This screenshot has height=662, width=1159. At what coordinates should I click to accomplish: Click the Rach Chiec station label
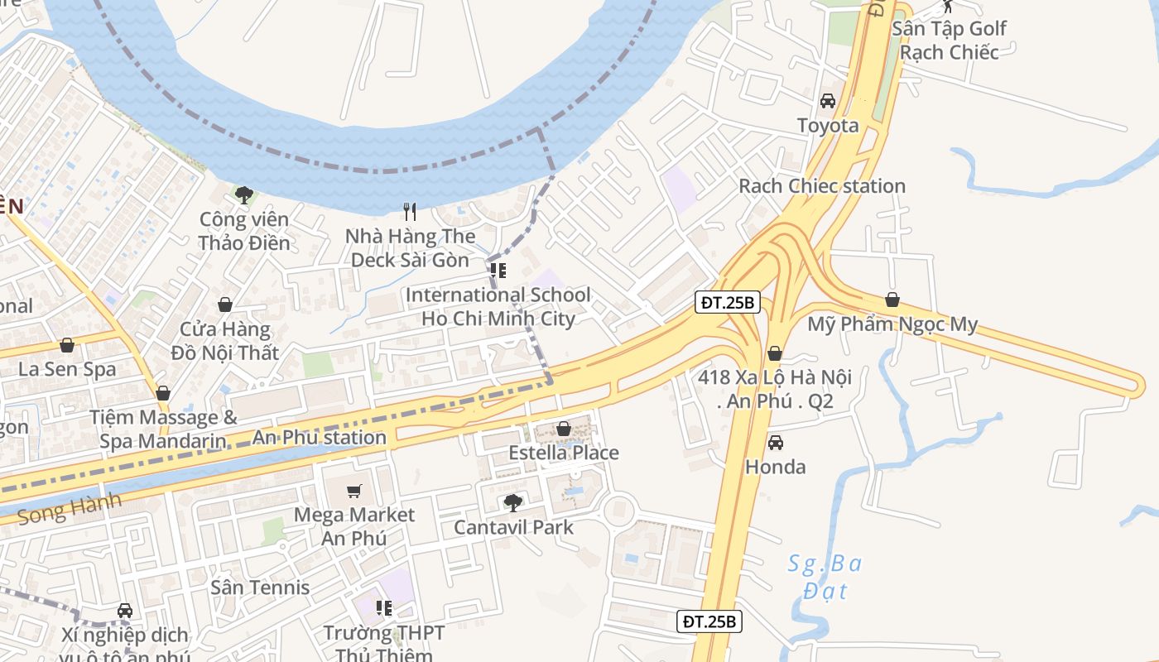coord(822,186)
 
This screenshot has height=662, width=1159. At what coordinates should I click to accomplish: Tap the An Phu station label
coord(320,437)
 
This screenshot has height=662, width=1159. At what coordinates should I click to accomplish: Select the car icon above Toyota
coord(827,102)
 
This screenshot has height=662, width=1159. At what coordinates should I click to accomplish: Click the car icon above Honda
coord(776,443)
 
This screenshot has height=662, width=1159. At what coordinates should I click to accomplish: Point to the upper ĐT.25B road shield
coord(727,303)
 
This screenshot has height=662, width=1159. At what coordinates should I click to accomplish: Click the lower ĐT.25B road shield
coord(709,621)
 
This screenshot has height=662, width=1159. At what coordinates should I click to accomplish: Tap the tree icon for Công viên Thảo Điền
coord(243,195)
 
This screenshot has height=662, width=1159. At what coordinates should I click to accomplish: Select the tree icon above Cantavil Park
coord(513,502)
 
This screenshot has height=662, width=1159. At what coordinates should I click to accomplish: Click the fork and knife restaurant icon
coord(409,212)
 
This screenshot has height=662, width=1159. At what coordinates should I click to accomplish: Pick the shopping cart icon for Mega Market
coord(354,491)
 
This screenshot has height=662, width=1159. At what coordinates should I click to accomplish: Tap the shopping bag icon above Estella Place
coord(564,429)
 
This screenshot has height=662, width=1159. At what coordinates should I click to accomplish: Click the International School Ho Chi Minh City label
coord(498,307)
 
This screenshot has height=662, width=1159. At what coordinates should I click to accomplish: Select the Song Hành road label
coord(70,509)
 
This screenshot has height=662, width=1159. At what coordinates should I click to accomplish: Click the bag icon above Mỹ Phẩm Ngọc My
coord(892,300)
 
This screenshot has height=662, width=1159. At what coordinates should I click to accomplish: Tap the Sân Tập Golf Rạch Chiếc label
coord(949,40)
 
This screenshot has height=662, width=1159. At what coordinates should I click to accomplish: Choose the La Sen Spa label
coord(67,369)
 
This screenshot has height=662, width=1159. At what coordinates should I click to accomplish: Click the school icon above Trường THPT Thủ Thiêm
coord(383,609)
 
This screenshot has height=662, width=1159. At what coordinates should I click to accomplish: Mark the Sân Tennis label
coord(260,588)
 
